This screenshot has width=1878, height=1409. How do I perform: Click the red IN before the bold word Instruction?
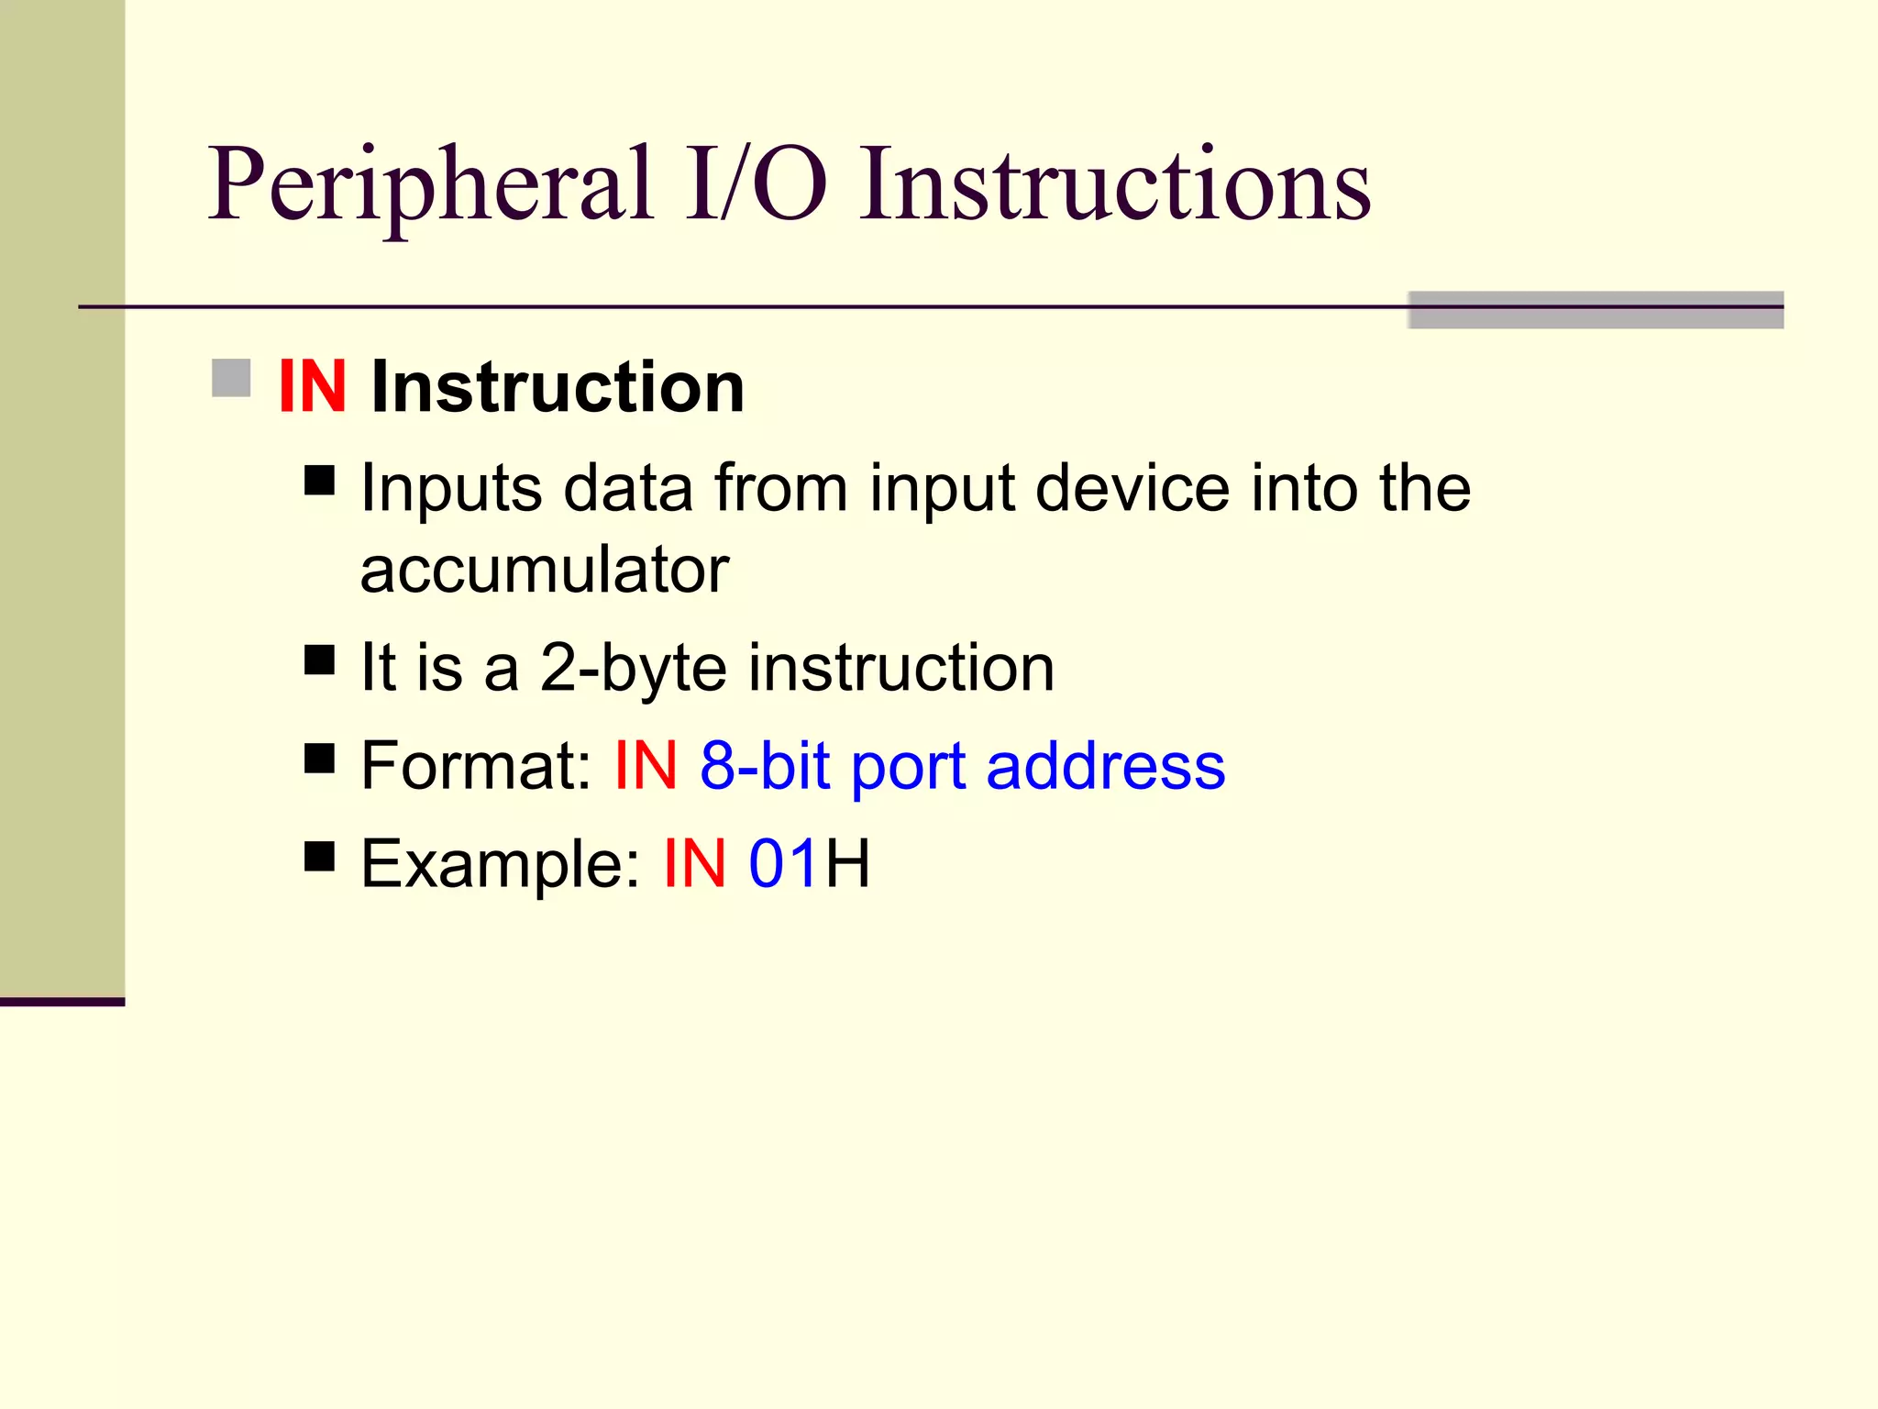point(312,387)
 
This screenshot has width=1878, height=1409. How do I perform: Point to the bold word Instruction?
point(558,387)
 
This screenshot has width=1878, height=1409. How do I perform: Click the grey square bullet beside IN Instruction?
point(231,378)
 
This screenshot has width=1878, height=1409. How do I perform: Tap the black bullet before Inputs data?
point(319,480)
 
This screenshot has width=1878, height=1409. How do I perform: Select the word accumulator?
point(545,571)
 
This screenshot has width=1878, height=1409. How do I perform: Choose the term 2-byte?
point(633,668)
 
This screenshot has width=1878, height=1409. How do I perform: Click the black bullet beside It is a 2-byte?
point(319,660)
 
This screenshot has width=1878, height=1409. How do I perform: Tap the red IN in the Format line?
point(646,765)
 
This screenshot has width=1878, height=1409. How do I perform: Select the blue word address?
point(1105,765)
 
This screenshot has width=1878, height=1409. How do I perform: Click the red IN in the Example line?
point(695,863)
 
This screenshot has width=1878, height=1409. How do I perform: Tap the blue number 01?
point(783,863)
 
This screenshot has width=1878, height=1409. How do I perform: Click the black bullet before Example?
point(319,856)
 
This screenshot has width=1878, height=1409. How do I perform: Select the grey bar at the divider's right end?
point(1596,310)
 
